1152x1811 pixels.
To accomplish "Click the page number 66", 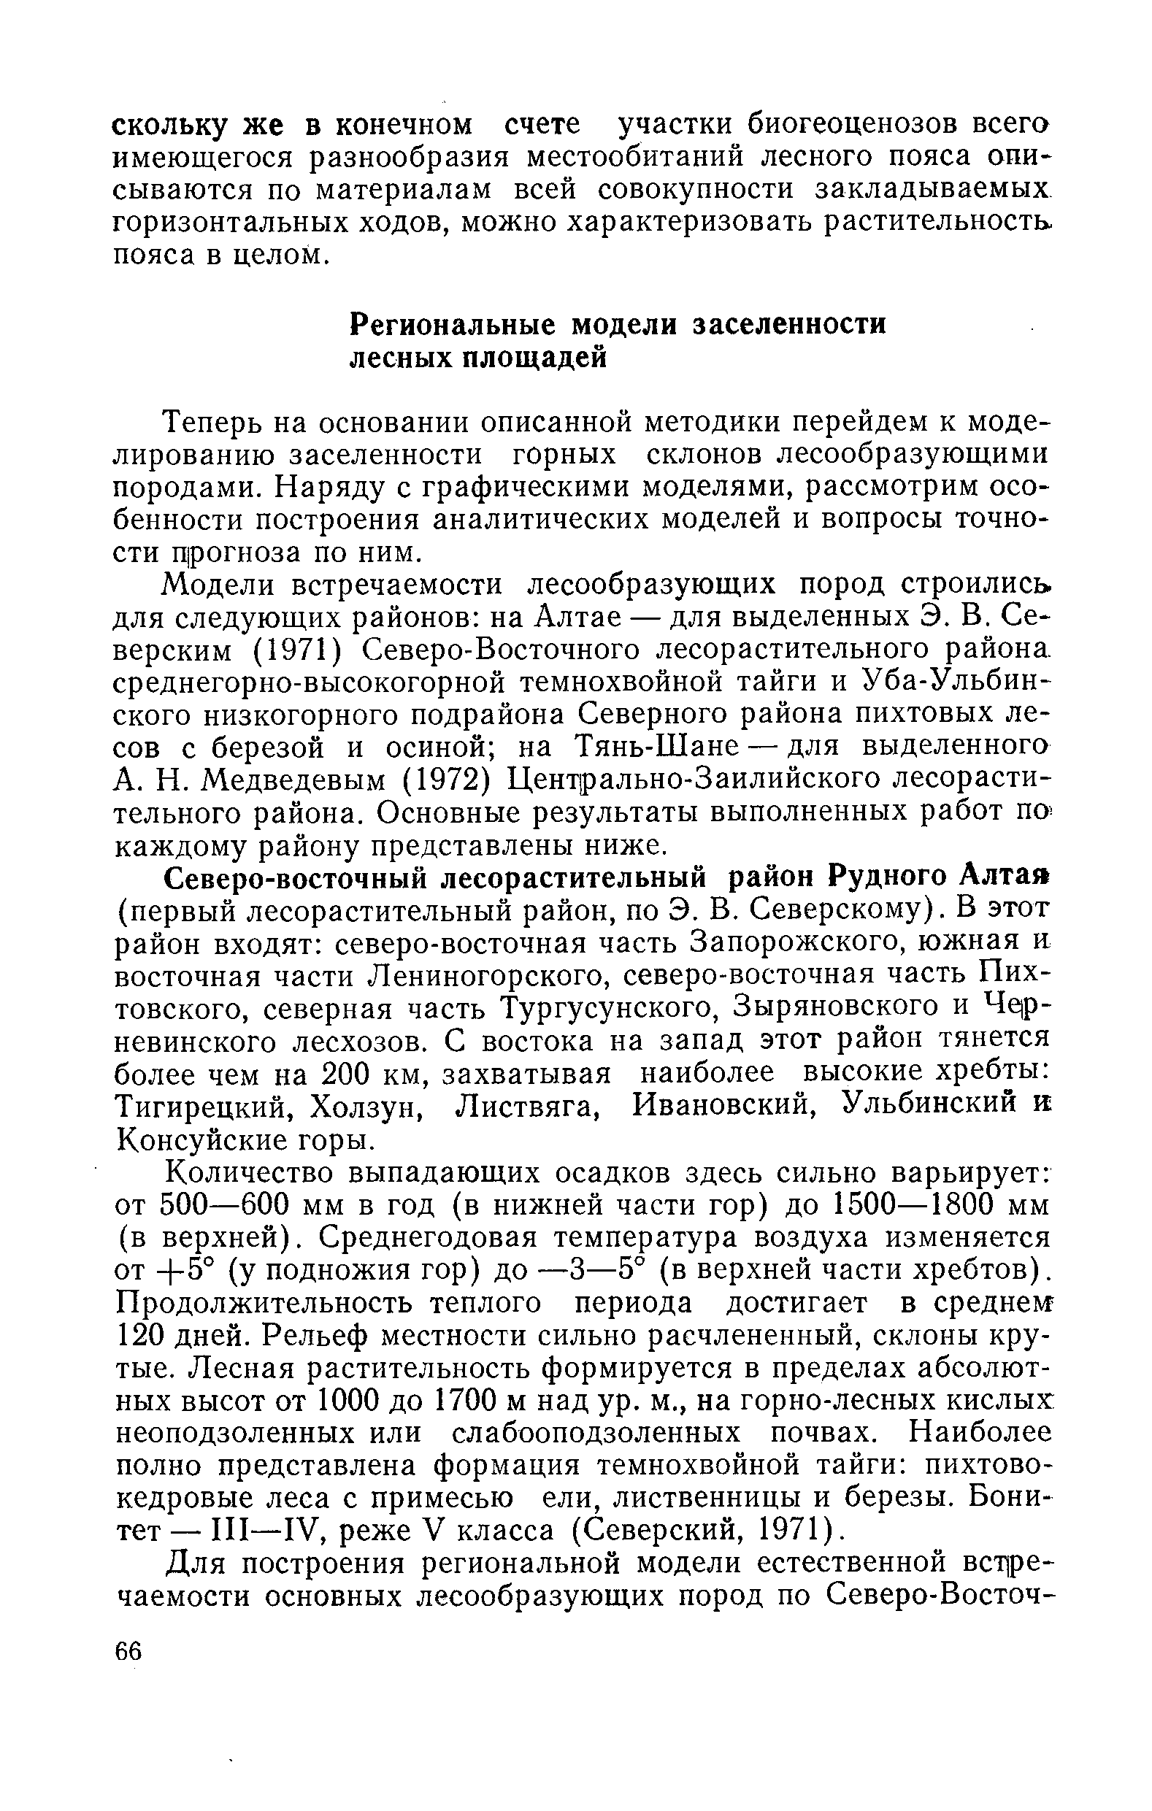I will [128, 1651].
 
